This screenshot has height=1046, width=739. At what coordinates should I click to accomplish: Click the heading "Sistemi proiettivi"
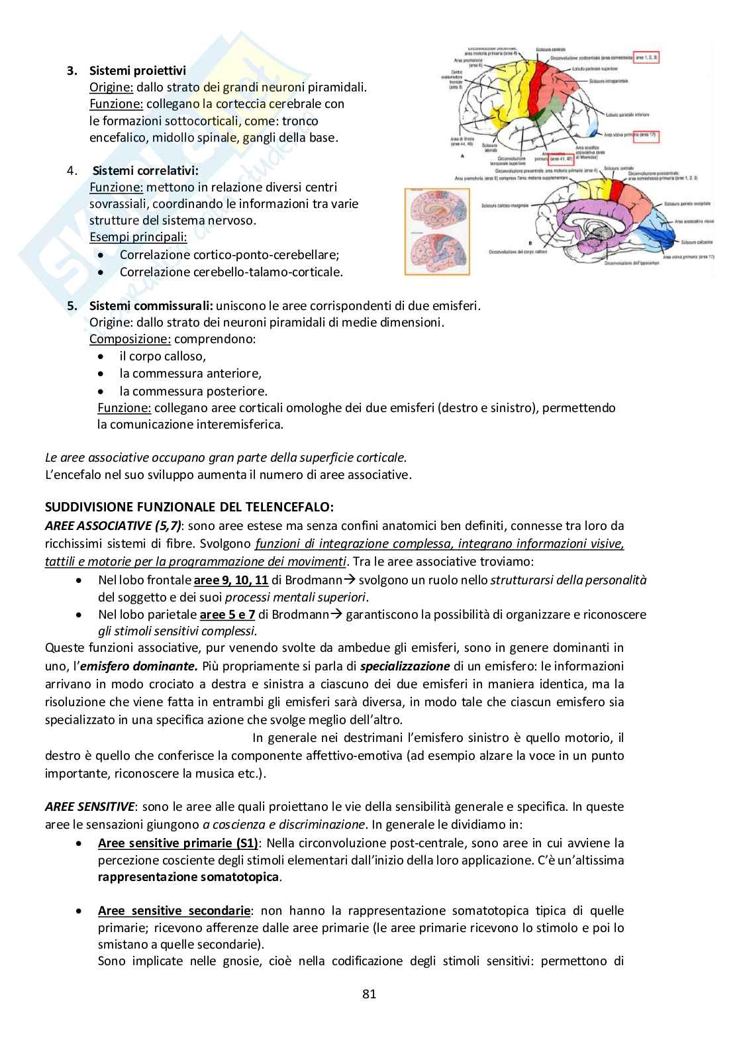coord(138,70)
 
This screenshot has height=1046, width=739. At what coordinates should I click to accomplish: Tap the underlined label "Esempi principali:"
coord(138,237)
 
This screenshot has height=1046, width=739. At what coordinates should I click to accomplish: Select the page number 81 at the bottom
coord(369,994)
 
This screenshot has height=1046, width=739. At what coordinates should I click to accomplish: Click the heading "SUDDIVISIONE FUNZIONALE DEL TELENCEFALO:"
coord(189,507)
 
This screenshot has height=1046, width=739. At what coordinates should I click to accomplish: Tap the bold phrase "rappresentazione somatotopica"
coord(189,877)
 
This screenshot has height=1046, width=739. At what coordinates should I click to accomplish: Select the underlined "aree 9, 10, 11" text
coord(231,580)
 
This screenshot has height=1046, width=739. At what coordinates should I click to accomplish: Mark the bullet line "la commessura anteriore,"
coord(191,374)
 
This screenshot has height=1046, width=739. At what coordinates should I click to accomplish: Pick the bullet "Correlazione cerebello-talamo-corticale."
coord(231,272)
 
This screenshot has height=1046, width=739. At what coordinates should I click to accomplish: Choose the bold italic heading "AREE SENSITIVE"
coord(90,807)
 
